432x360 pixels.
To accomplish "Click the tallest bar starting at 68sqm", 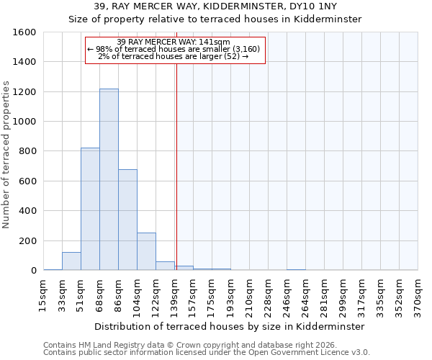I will click(109, 180).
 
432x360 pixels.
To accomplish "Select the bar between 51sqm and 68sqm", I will click(90, 209).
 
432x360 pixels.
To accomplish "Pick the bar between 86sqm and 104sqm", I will click(127, 220).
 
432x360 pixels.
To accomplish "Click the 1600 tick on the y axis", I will click(24, 32).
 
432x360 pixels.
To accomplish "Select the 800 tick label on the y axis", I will click(27, 151).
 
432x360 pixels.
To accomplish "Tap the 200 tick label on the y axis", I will click(27, 240).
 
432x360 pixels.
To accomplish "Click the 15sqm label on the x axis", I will click(43, 295).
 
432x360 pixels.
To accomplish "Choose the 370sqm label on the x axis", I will click(418, 295).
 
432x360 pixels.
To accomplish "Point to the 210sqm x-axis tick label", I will click(249, 295).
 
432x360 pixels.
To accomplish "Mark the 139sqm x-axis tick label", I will click(174, 295).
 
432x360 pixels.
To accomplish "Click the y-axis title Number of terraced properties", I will click(6, 155).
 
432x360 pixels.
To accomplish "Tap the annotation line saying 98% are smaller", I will click(176, 49).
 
